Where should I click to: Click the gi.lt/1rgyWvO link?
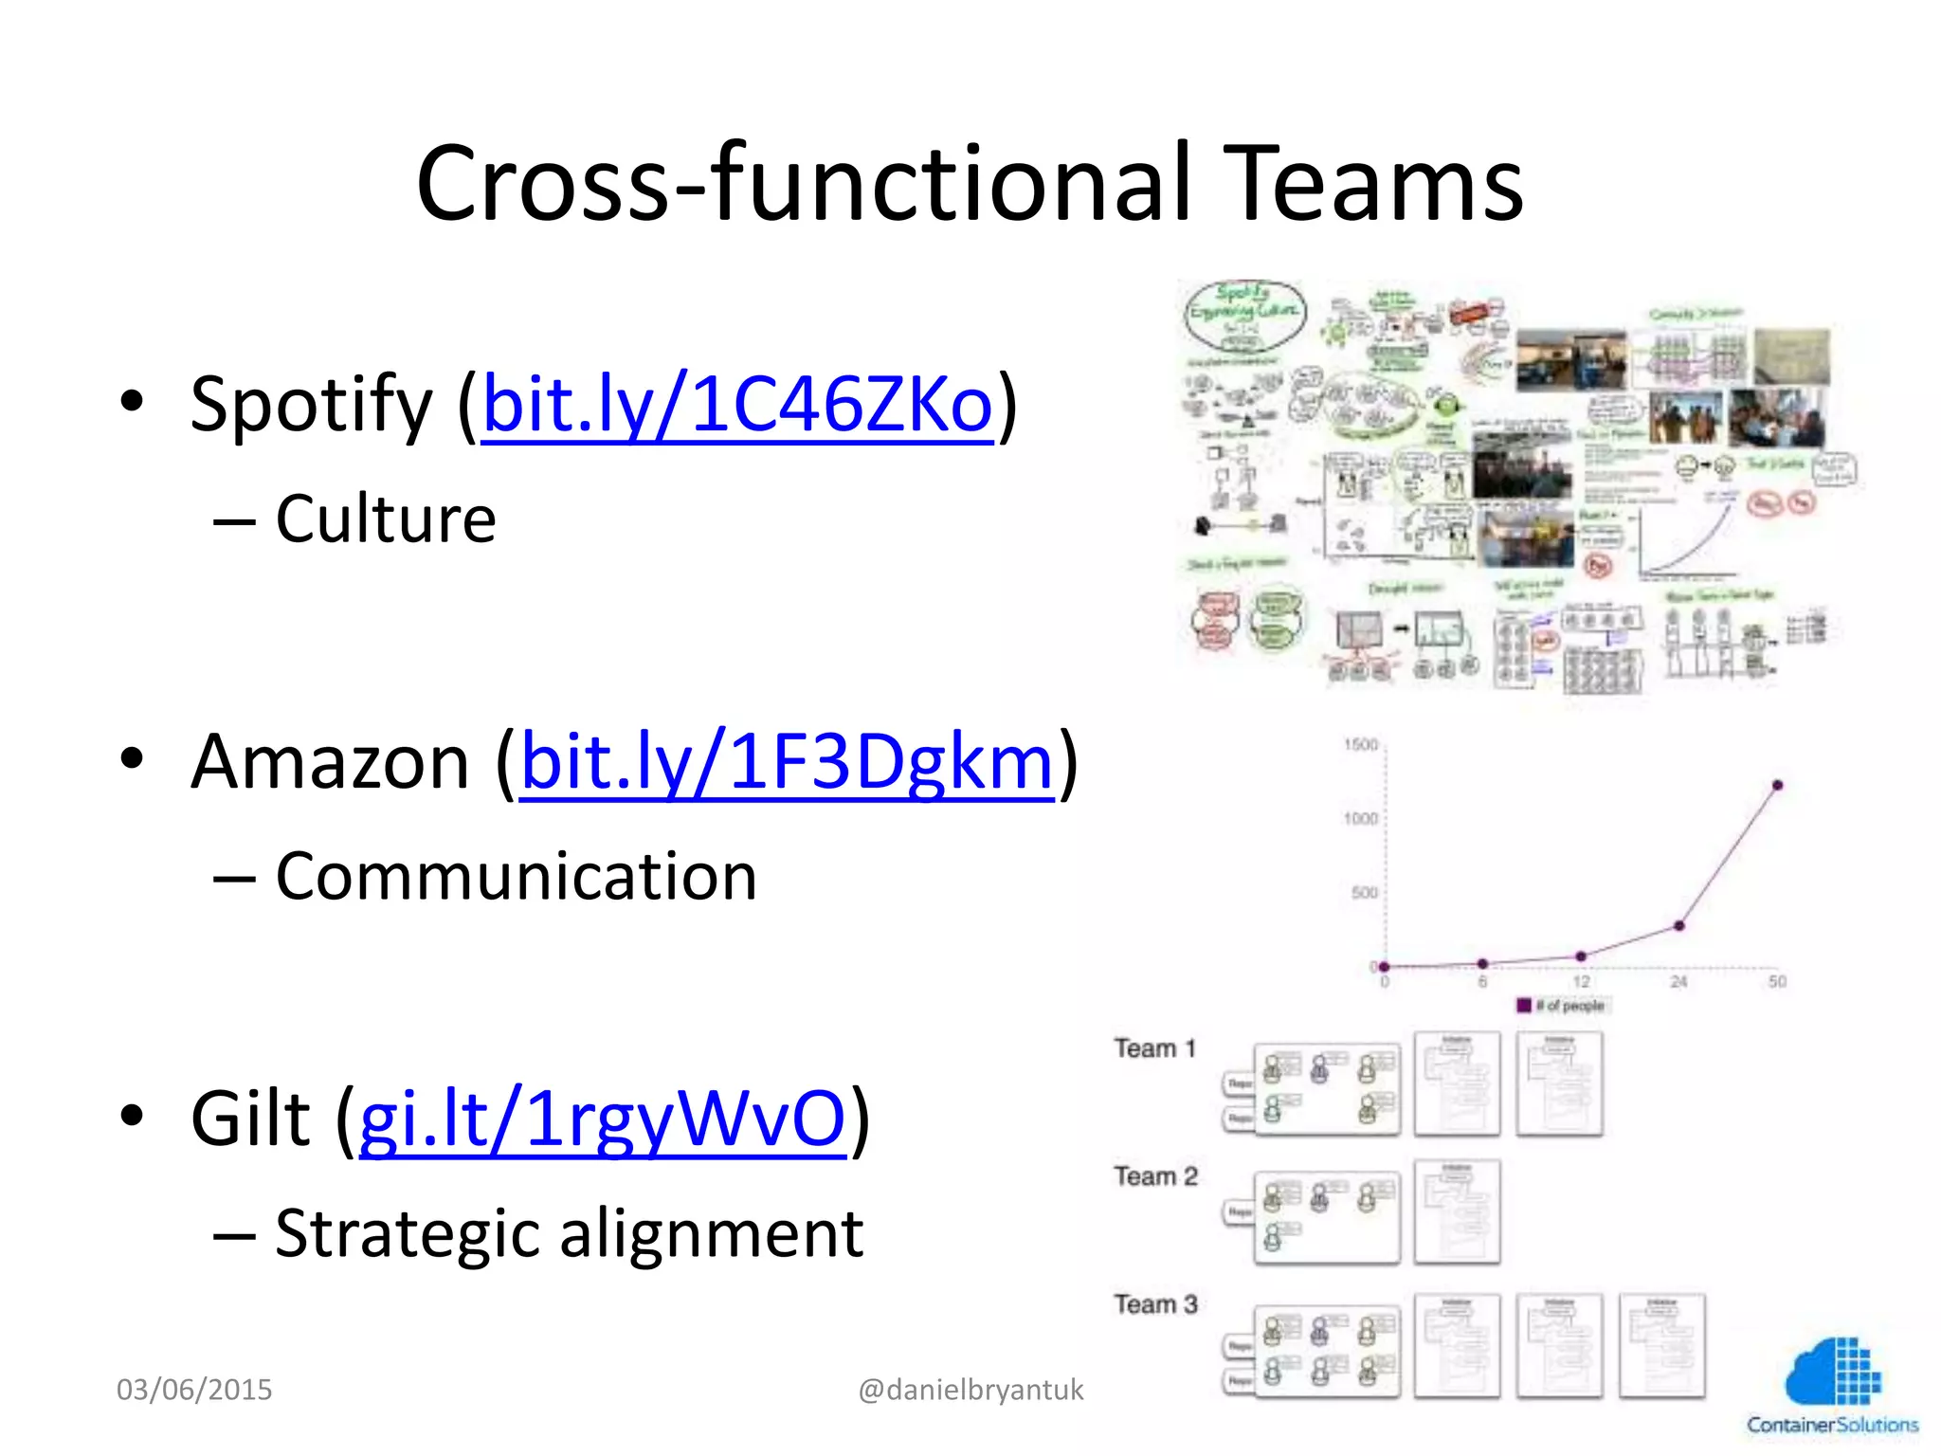coord(602,1119)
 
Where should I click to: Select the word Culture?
coord(386,519)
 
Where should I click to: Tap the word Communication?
coord(516,877)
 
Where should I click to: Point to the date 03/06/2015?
coord(194,1390)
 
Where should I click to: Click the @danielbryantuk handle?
coord(970,1390)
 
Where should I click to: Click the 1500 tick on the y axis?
coord(1360,745)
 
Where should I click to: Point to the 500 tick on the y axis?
coord(1364,892)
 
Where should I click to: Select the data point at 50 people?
coord(1777,785)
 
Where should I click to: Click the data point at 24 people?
coord(1678,925)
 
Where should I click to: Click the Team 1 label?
coord(1154,1048)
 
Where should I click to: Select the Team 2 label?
coord(1155,1176)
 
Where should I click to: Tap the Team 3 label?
coord(1155,1304)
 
